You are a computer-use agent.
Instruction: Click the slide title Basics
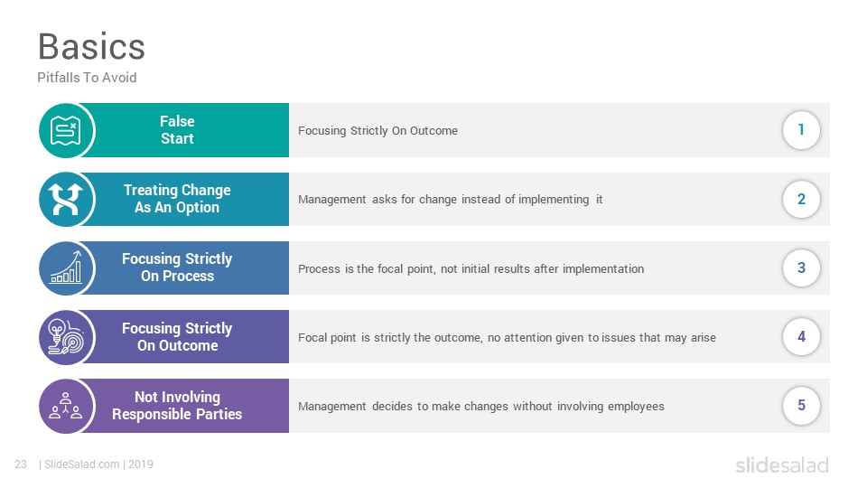(x=91, y=46)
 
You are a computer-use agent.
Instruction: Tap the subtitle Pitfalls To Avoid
(x=87, y=78)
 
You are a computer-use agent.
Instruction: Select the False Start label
(x=177, y=130)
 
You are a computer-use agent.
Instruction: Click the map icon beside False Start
(x=66, y=130)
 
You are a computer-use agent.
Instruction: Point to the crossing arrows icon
(x=66, y=199)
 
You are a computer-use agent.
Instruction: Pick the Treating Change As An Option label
(x=177, y=199)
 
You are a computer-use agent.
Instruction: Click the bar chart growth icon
(x=66, y=267)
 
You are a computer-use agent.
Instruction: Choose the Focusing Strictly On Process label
(x=177, y=267)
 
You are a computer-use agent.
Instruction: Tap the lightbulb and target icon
(x=66, y=337)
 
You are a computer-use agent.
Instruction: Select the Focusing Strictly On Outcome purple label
(x=177, y=336)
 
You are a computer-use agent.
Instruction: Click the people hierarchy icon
(x=66, y=406)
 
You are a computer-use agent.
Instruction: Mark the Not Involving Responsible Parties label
(x=177, y=406)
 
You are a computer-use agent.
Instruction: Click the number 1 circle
(x=801, y=130)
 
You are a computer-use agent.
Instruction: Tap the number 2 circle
(x=801, y=199)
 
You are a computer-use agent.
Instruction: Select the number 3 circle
(x=801, y=267)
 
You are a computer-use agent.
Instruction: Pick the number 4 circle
(x=801, y=336)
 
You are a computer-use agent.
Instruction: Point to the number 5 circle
(x=801, y=405)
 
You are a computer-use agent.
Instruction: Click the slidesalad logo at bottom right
(x=782, y=465)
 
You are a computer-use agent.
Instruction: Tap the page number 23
(x=21, y=465)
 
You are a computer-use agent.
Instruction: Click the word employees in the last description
(x=636, y=407)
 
